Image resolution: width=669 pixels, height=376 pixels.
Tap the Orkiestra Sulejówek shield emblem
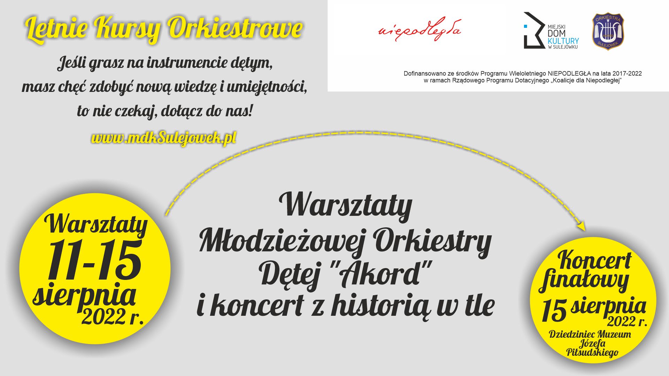click(x=608, y=32)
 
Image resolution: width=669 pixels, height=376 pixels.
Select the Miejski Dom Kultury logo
click(x=551, y=31)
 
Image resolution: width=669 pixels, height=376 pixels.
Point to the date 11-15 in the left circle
click(x=94, y=260)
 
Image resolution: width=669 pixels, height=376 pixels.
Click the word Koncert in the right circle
click(x=594, y=260)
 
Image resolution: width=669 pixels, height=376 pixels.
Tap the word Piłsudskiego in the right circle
click(x=592, y=352)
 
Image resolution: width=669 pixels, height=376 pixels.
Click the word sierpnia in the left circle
click(x=84, y=296)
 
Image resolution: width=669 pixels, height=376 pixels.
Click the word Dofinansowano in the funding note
click(x=423, y=73)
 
